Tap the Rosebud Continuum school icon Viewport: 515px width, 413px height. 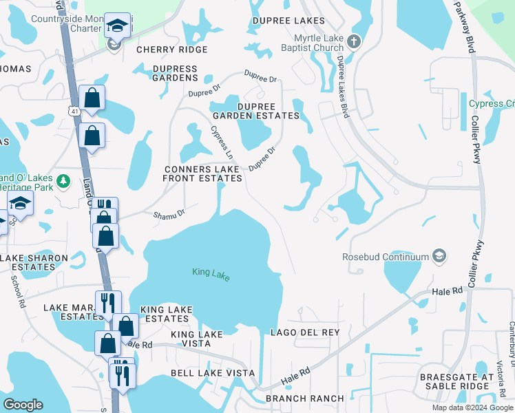tap(438, 257)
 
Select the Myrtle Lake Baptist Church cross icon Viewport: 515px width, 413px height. tap(355, 41)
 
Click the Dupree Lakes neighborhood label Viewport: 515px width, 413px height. tap(288, 21)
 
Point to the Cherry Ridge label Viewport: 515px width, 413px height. tap(172, 50)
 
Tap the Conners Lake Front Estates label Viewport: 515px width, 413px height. tap(202, 173)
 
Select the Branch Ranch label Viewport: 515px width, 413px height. tap(304, 399)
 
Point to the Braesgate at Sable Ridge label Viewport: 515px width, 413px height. tap(460, 382)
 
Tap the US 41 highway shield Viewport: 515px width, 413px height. tap(74, 110)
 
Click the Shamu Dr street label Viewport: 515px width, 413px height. tap(169, 214)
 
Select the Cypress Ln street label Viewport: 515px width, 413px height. tap(222, 141)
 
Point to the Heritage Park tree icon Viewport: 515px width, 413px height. tap(63, 181)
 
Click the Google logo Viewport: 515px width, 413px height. tap(23, 405)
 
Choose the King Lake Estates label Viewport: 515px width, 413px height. tap(166, 315)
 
